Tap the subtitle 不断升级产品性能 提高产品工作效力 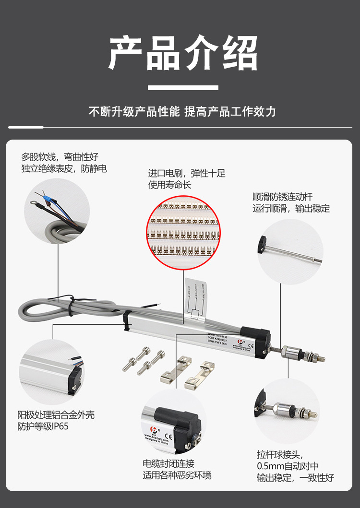pos(182,112)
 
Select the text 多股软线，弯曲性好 pos(60,156)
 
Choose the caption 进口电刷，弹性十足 pos(187,173)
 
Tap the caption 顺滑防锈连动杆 pos(283,197)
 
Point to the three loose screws pos(144,361)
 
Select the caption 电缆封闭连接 pos(168,464)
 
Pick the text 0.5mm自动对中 pos(288,466)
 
